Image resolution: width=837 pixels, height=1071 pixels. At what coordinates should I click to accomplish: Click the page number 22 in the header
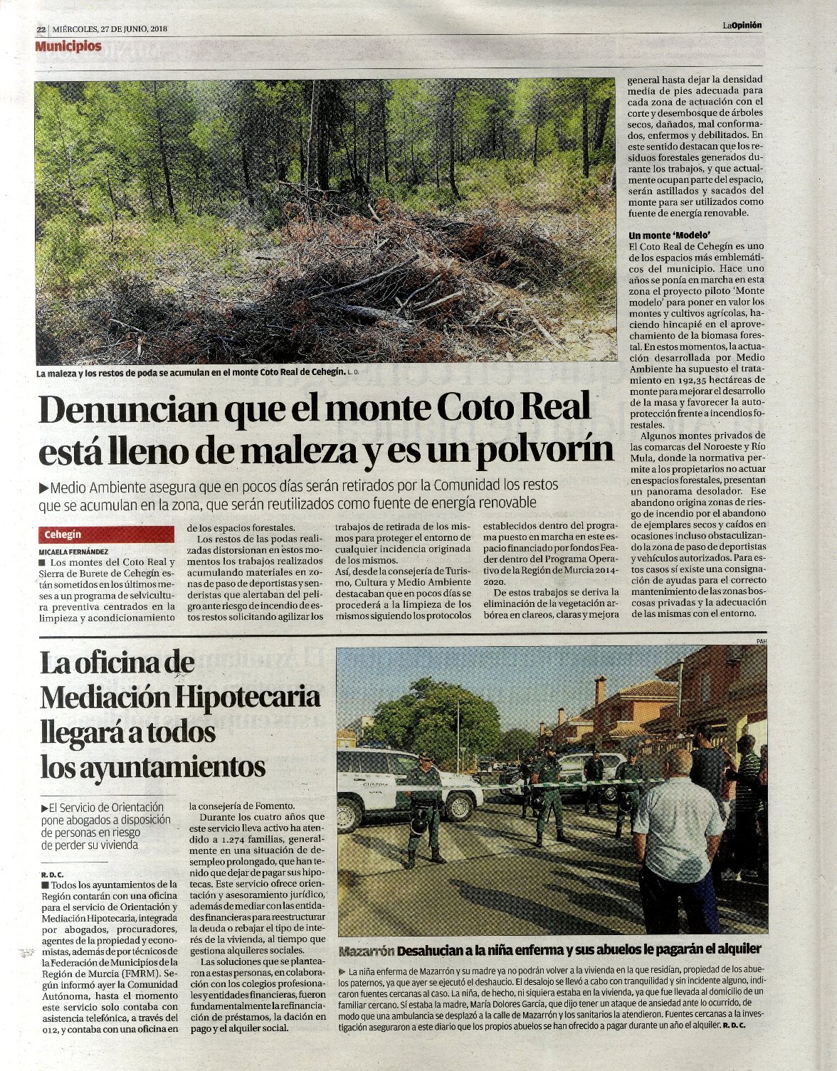click(41, 29)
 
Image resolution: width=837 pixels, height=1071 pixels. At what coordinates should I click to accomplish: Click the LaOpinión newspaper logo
click(742, 25)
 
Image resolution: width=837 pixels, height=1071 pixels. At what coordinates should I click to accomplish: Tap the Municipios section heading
click(68, 46)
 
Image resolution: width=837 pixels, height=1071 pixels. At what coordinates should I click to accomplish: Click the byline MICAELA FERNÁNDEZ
click(73, 552)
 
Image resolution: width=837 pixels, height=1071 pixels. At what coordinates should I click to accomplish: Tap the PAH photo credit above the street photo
click(761, 643)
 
